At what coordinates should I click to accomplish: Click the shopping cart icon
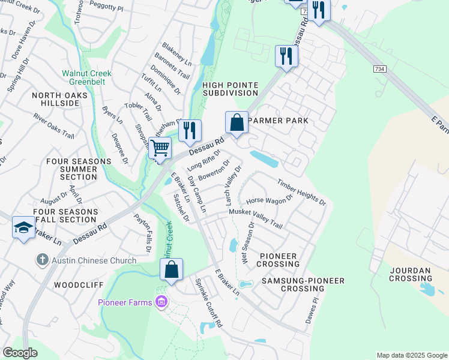(x=160, y=147)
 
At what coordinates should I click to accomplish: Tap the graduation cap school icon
(x=23, y=227)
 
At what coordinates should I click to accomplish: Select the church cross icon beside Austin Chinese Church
(x=42, y=260)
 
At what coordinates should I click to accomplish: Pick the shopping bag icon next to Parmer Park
(x=237, y=122)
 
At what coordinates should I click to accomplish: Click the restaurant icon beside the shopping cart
(x=190, y=130)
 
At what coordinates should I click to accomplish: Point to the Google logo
(x=20, y=353)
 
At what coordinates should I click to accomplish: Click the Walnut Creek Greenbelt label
(x=87, y=77)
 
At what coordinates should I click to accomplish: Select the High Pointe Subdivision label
(x=231, y=89)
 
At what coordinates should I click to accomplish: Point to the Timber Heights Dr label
(x=301, y=192)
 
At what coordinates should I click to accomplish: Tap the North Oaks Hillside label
(x=60, y=99)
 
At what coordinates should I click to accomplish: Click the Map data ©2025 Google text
(x=411, y=355)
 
